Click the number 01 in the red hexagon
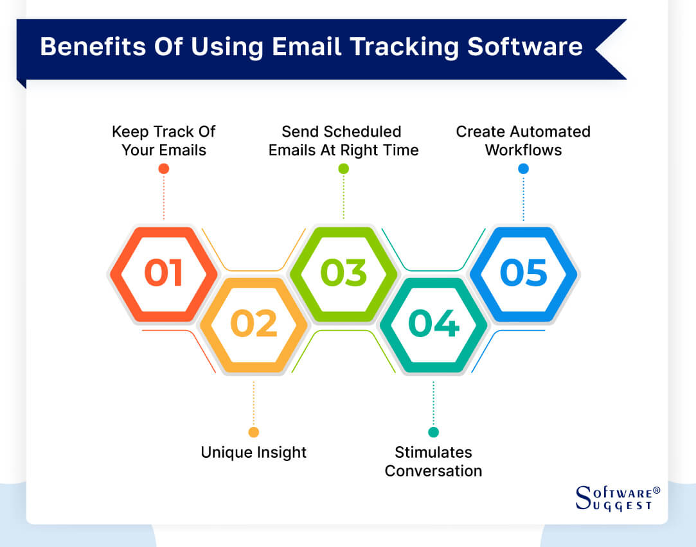point(163,272)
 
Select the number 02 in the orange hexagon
point(253,324)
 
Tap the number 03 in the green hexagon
point(343,272)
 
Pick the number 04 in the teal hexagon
point(433,324)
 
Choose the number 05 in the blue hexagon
point(523,272)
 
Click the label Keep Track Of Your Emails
point(163,141)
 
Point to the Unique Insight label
point(253,452)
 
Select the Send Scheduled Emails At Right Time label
point(343,141)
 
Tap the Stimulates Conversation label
point(433,461)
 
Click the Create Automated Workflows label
point(523,141)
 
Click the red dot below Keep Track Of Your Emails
point(163,169)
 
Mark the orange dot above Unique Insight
point(253,432)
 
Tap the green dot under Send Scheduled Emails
point(343,169)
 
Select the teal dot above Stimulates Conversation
point(433,432)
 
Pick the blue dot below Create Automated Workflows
point(523,169)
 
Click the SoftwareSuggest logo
point(617,498)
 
